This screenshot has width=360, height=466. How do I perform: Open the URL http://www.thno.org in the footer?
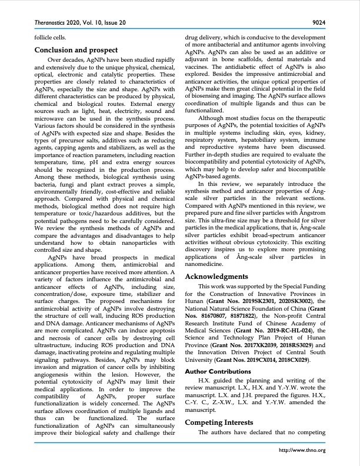[x=304, y=451]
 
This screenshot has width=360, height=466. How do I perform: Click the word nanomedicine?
[x=206, y=265]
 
